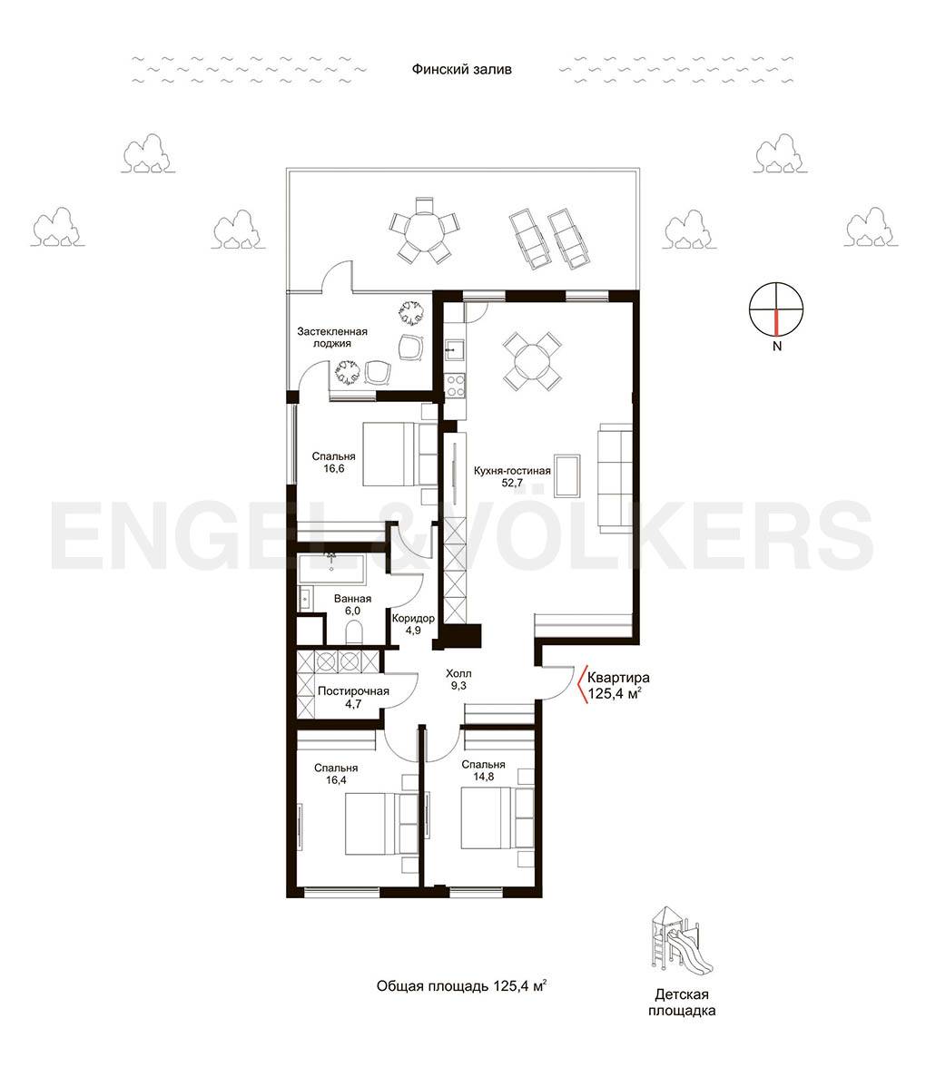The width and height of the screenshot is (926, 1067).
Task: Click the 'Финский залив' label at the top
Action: tap(461, 69)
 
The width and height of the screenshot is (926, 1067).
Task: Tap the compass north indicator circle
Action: tap(776, 309)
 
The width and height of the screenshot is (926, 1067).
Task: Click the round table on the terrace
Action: tap(424, 230)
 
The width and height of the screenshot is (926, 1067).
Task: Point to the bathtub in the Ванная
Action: tap(331, 569)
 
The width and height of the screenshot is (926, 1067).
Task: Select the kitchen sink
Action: tap(454, 350)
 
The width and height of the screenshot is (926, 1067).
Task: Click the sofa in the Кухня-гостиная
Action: tap(615, 475)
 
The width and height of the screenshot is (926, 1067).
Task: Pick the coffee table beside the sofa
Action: tap(566, 475)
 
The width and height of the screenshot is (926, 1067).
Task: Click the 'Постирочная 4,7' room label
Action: tap(353, 698)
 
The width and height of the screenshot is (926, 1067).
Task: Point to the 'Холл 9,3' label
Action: tap(458, 679)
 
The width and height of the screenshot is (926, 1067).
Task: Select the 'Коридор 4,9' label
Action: tap(413, 624)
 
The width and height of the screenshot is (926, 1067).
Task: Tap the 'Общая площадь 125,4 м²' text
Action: tap(461, 986)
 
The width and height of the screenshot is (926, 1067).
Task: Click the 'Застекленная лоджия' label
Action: tap(332, 338)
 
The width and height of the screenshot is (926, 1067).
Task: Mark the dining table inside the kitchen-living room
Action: tap(532, 361)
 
